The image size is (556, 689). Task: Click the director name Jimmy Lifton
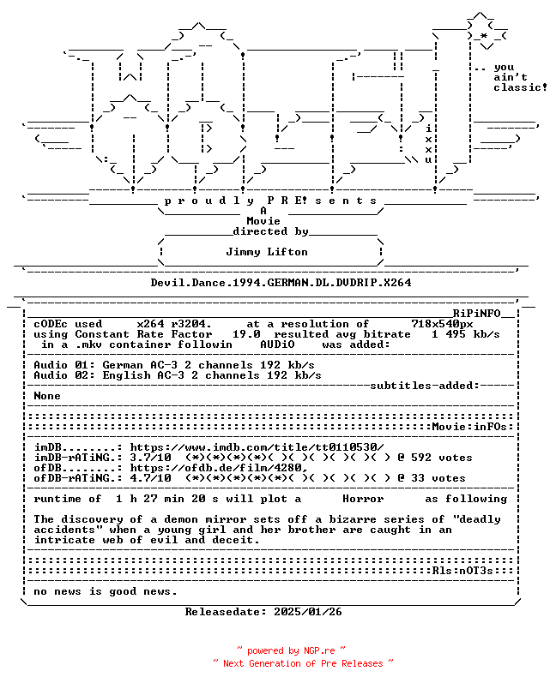point(267,252)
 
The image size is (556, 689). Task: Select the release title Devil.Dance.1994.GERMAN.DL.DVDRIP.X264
point(281,283)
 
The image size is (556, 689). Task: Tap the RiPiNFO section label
point(477,314)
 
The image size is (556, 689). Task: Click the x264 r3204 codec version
point(174,324)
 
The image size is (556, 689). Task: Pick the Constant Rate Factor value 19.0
point(246,334)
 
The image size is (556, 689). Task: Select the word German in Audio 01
point(123,365)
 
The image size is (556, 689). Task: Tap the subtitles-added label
point(425,386)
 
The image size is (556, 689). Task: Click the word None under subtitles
point(47,395)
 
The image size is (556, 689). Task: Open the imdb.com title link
point(257,447)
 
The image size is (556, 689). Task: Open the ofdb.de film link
point(219,468)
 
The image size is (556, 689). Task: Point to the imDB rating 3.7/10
point(150,458)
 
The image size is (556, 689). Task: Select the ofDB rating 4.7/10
point(150,478)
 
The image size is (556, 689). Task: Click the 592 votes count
point(442,458)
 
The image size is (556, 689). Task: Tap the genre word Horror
point(363,499)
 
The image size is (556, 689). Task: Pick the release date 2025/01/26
point(308,612)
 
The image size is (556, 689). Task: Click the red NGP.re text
point(319,650)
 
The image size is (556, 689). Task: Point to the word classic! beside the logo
point(520,87)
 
